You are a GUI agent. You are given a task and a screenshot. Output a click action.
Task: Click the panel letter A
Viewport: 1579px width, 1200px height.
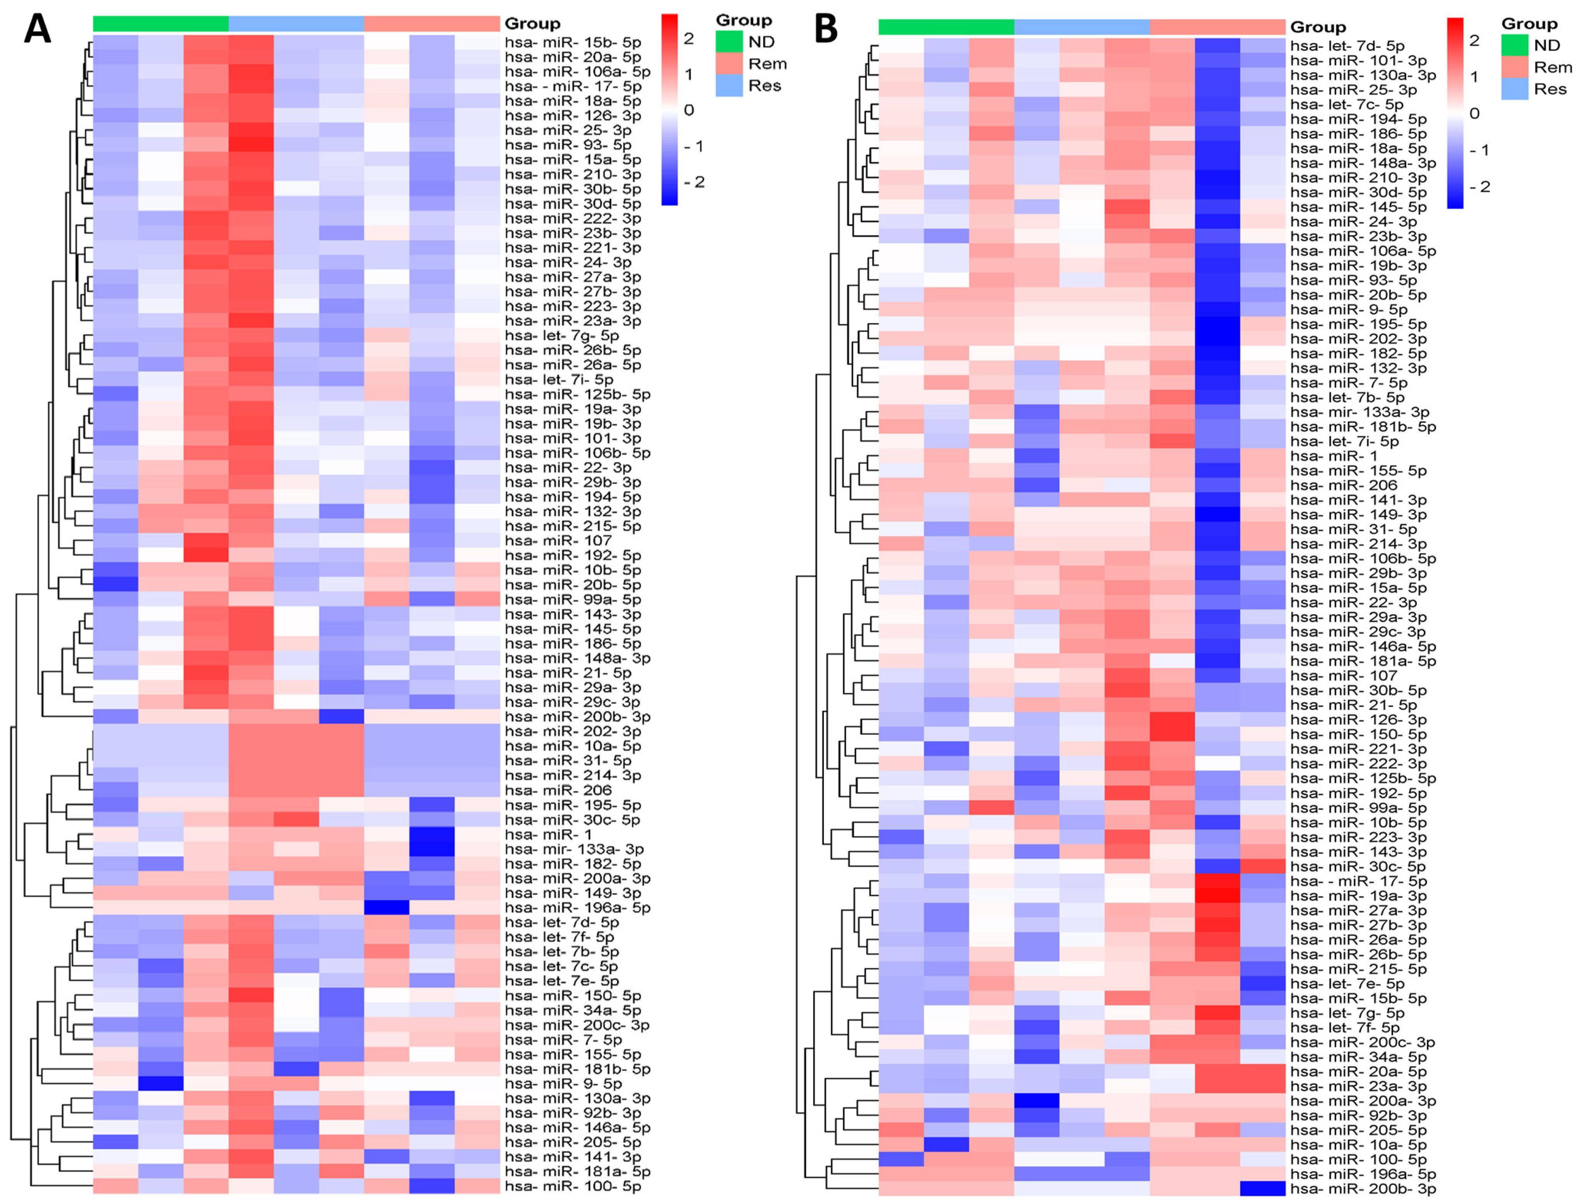[37, 30]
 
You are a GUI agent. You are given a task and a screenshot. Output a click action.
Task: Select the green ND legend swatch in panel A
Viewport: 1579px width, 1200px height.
[729, 42]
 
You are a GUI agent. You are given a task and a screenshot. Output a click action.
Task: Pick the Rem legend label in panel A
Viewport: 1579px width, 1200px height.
[767, 63]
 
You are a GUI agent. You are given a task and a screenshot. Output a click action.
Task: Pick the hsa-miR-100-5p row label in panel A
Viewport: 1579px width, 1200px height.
[573, 1186]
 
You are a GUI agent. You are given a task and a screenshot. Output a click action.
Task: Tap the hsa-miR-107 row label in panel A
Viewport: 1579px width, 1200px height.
[558, 541]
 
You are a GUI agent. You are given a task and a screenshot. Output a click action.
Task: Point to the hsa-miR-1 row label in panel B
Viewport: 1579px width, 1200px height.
[1334, 456]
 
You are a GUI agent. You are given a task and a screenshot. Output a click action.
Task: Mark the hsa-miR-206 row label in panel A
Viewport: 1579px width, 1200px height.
[558, 790]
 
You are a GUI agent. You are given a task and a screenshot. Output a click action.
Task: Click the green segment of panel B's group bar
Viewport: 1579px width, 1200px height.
[946, 27]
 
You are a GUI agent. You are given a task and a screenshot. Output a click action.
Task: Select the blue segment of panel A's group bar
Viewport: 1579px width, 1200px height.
[296, 23]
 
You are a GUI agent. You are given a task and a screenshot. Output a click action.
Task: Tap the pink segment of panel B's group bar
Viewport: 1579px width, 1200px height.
[1217, 27]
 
